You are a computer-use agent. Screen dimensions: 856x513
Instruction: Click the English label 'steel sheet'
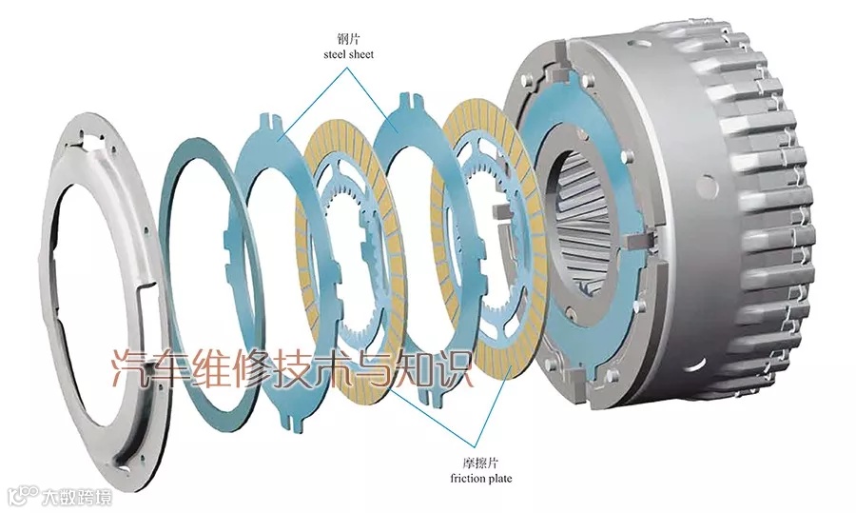[x=348, y=54]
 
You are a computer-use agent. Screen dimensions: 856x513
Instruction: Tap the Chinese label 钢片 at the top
[x=348, y=39]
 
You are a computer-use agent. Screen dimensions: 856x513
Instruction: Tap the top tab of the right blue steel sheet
[x=410, y=98]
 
